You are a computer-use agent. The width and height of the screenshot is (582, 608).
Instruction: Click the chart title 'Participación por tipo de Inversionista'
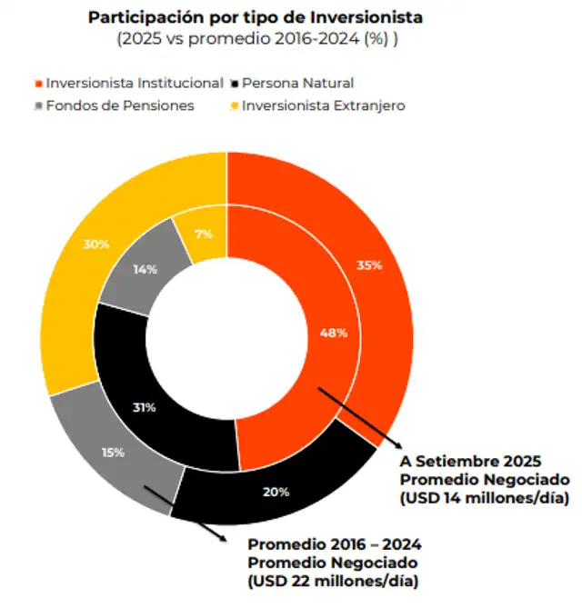(255, 17)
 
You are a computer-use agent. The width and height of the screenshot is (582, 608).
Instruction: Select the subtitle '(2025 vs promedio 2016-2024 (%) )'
(255, 39)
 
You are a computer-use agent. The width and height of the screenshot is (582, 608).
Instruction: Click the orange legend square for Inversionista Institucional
(36, 83)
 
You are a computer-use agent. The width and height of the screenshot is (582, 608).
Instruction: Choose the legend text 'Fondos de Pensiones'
(120, 105)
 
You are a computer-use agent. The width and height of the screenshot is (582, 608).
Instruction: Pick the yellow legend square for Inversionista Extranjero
(234, 105)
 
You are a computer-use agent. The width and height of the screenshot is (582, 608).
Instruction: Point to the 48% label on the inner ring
(334, 333)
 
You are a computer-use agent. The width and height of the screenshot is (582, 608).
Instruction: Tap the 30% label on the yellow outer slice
(97, 244)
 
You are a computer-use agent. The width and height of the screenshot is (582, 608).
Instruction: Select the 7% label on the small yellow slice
(203, 234)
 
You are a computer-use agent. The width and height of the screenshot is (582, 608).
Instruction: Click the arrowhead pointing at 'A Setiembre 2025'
(396, 444)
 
